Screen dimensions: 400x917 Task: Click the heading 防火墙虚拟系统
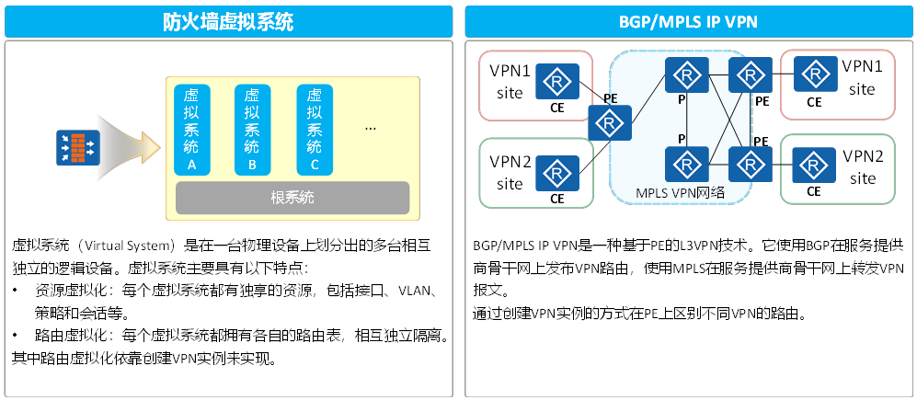pyautogui.click(x=228, y=21)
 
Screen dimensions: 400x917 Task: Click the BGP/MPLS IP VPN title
pyautogui.click(x=689, y=21)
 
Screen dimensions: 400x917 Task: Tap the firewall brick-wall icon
pyautogui.click(x=78, y=146)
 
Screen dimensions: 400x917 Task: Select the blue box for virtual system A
pyautogui.click(x=191, y=129)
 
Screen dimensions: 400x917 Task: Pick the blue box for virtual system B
pyautogui.click(x=252, y=129)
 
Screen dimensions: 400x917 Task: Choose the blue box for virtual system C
pyautogui.click(x=314, y=129)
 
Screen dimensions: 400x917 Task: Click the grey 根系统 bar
pyautogui.click(x=292, y=198)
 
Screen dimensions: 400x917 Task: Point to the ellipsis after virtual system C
pyautogui.click(x=371, y=129)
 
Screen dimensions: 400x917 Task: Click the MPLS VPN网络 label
pyautogui.click(x=680, y=192)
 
